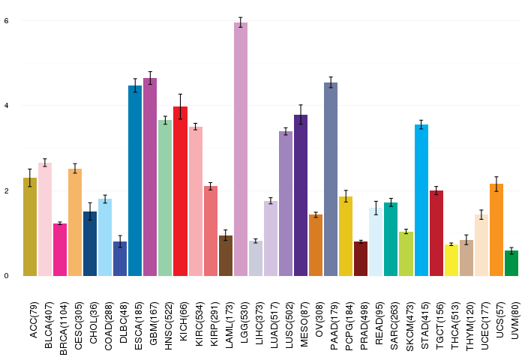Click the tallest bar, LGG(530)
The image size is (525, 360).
[240, 150]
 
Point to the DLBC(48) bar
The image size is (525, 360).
[120, 258]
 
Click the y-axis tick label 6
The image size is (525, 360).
[6, 20]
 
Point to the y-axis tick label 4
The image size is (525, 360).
[6, 105]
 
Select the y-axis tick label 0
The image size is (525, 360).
[6, 275]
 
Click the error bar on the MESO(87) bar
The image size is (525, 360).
[301, 115]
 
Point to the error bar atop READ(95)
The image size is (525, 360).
[376, 208]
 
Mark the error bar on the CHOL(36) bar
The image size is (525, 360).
[90, 211]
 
